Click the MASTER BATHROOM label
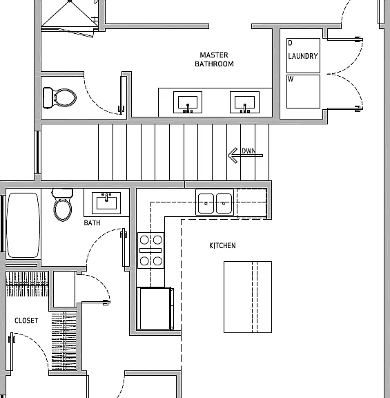(x=214, y=59)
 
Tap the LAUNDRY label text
(x=303, y=56)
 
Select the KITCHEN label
(x=222, y=245)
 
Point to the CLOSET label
(x=26, y=321)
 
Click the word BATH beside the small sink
(x=92, y=222)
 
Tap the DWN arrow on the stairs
(x=245, y=155)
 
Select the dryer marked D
(x=303, y=55)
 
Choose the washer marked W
(x=303, y=91)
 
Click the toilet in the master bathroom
(x=59, y=97)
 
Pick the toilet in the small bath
(x=62, y=205)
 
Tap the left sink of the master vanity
(x=188, y=102)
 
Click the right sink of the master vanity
(x=245, y=102)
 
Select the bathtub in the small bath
(x=23, y=225)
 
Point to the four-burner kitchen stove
(x=150, y=250)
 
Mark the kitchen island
(x=248, y=297)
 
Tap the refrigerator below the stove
(x=155, y=309)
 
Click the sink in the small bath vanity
(x=106, y=203)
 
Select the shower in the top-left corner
(x=70, y=15)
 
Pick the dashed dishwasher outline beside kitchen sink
(x=252, y=203)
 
